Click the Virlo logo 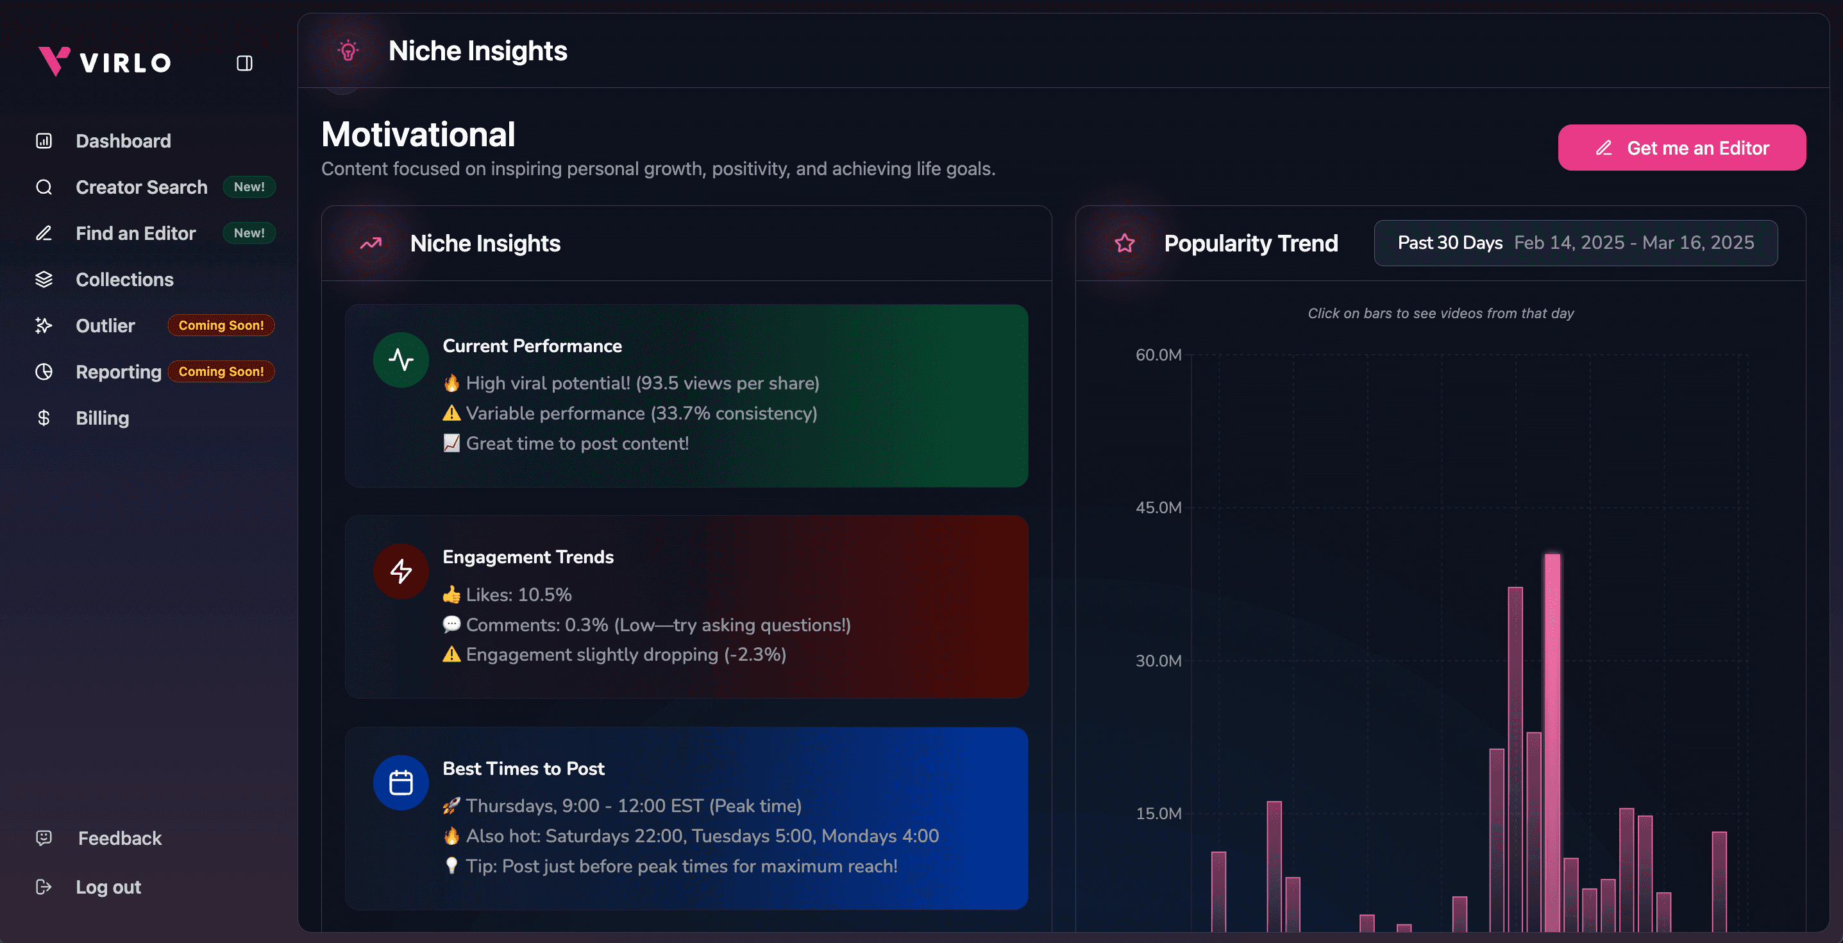(x=105, y=62)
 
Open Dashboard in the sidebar (x=123, y=141)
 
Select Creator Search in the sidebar (x=141, y=187)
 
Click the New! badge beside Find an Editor (x=249, y=234)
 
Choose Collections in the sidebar (x=124, y=280)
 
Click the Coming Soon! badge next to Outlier (x=221, y=325)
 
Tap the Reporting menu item (x=118, y=372)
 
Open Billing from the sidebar (x=103, y=418)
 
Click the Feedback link (x=119, y=838)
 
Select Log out (x=108, y=887)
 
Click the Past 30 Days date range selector (x=1576, y=243)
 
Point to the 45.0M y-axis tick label (x=1158, y=508)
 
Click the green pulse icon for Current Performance (x=401, y=359)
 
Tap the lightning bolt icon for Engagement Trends (x=401, y=571)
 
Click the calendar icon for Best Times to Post (x=401, y=783)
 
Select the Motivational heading (x=418, y=135)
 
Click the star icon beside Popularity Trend (x=1125, y=243)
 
